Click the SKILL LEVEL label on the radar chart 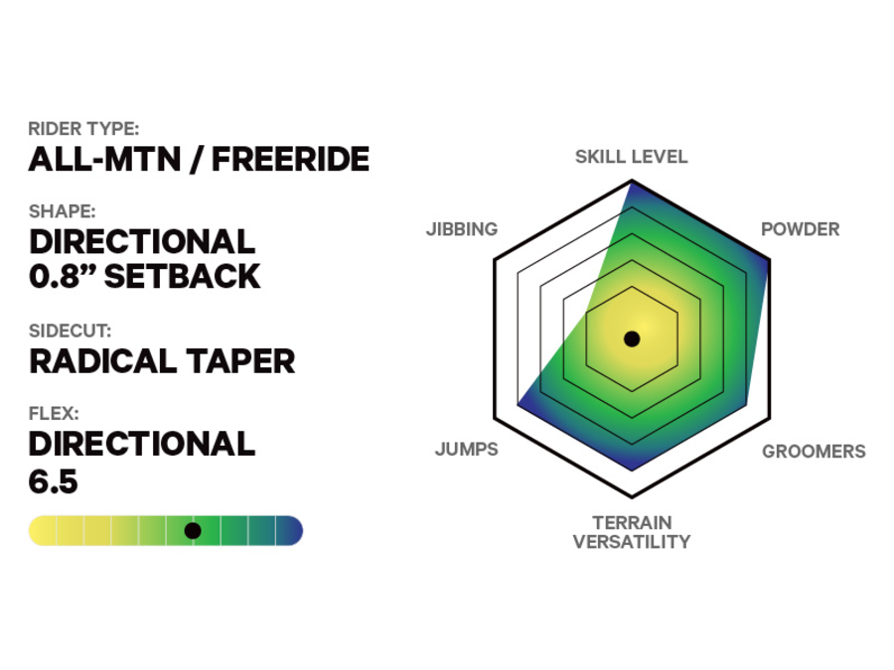point(631,157)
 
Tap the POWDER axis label point(800,229)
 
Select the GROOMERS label point(814,452)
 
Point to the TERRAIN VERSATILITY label point(631,532)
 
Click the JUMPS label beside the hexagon point(466,450)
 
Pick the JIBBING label point(462,229)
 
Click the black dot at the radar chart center point(631,339)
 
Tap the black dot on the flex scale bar point(193,531)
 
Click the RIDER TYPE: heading point(83,129)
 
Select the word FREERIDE point(290,160)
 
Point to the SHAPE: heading point(63,211)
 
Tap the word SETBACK point(183,276)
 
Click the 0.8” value point(62,276)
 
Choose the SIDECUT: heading point(71,332)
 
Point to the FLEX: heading point(54,414)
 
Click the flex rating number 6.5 point(54,481)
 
